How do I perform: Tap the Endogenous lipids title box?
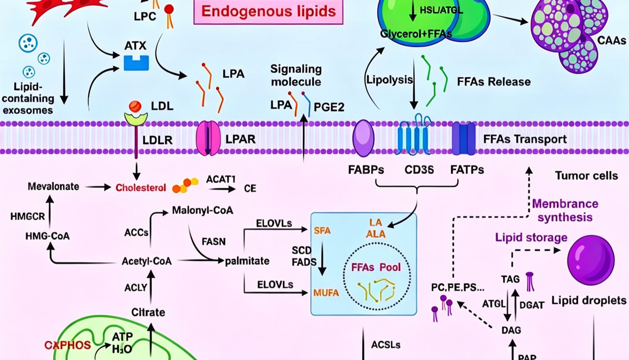click(x=268, y=11)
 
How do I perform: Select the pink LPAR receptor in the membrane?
click(x=208, y=138)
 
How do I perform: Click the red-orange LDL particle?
click(x=135, y=107)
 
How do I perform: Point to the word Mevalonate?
click(x=53, y=186)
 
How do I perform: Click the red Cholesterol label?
click(x=140, y=188)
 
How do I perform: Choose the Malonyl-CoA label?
click(x=203, y=210)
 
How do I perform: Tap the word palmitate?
click(x=247, y=261)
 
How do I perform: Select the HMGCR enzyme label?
click(x=28, y=217)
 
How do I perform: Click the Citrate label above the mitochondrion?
click(x=148, y=312)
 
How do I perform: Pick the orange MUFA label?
click(x=326, y=293)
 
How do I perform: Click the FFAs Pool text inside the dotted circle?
click(x=376, y=267)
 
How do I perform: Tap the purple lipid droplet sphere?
click(x=591, y=260)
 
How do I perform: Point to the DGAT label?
click(x=532, y=305)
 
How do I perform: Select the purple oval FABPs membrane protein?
click(x=364, y=138)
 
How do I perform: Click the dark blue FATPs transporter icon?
click(x=464, y=138)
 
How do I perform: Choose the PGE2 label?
click(x=329, y=107)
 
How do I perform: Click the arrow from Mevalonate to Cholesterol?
click(x=98, y=187)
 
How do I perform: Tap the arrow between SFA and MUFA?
click(x=322, y=258)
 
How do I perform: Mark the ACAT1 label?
click(x=221, y=179)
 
